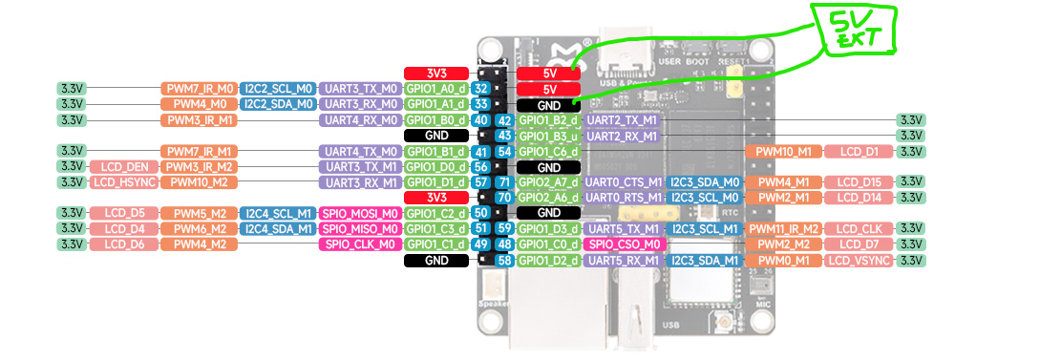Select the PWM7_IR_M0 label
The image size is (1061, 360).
199,89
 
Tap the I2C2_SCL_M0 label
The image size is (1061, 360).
278,89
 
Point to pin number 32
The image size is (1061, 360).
481,89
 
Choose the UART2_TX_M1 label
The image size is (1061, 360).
622,120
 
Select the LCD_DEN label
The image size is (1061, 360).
124,166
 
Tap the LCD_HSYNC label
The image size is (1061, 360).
124,182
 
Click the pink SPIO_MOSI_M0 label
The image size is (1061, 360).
360,213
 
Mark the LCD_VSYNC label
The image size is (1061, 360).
859,260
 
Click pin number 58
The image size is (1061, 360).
504,260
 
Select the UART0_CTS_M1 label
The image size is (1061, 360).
624,182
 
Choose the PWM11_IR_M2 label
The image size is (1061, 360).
783,228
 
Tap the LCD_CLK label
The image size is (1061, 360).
859,228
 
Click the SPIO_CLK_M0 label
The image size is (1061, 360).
360,244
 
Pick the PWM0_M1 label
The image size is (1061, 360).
783,260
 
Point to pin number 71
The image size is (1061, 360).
504,182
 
